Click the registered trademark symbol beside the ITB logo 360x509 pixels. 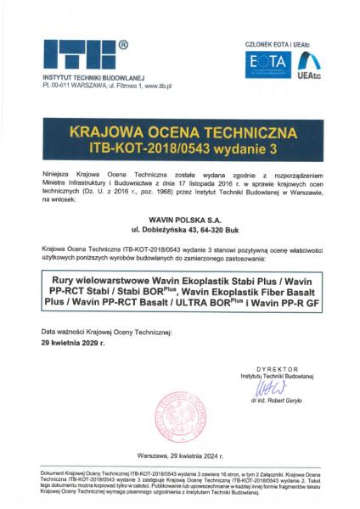[x=125, y=42]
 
